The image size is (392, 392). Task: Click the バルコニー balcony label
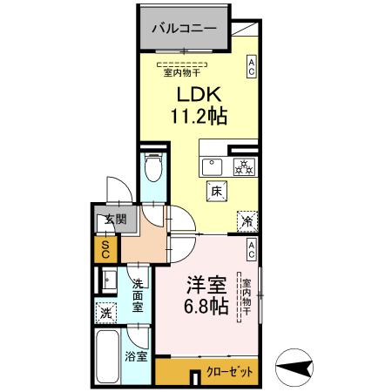[185, 28]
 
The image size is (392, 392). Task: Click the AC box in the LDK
[251, 67]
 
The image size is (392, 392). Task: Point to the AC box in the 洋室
[251, 250]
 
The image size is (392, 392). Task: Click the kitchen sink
[212, 167]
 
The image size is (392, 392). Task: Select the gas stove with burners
[243, 167]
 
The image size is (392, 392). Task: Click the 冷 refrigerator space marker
[247, 221]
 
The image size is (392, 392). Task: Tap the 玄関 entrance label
[105, 219]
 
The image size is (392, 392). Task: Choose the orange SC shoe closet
[105, 249]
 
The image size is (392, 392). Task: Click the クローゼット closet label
[230, 372]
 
